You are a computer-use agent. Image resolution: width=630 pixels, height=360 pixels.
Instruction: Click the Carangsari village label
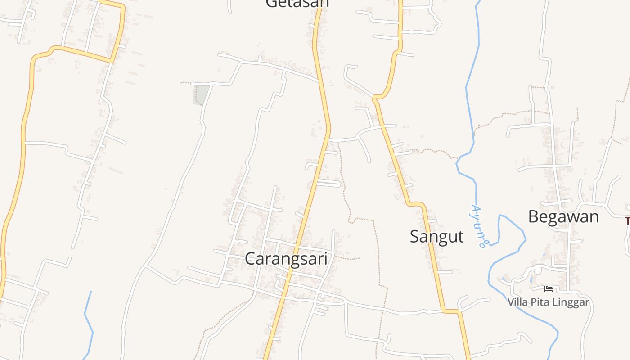pos(286,259)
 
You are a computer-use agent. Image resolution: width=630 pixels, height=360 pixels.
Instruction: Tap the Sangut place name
pos(436,236)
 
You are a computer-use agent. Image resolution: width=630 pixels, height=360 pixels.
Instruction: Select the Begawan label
pos(563,217)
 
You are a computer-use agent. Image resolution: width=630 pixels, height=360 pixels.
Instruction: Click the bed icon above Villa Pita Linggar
pos(548,288)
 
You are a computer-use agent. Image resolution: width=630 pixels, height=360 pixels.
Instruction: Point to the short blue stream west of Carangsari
pos(88,324)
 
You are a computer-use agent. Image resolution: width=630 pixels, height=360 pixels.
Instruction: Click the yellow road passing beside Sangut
pos(400,171)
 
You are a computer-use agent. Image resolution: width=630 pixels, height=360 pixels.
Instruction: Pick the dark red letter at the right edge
pos(627,221)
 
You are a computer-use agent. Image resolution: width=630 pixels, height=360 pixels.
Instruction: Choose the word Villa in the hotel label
pos(517,302)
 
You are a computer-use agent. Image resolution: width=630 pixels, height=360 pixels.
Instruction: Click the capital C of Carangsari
pos(251,259)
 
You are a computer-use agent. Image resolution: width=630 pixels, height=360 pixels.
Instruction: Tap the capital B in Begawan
pos(534,217)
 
